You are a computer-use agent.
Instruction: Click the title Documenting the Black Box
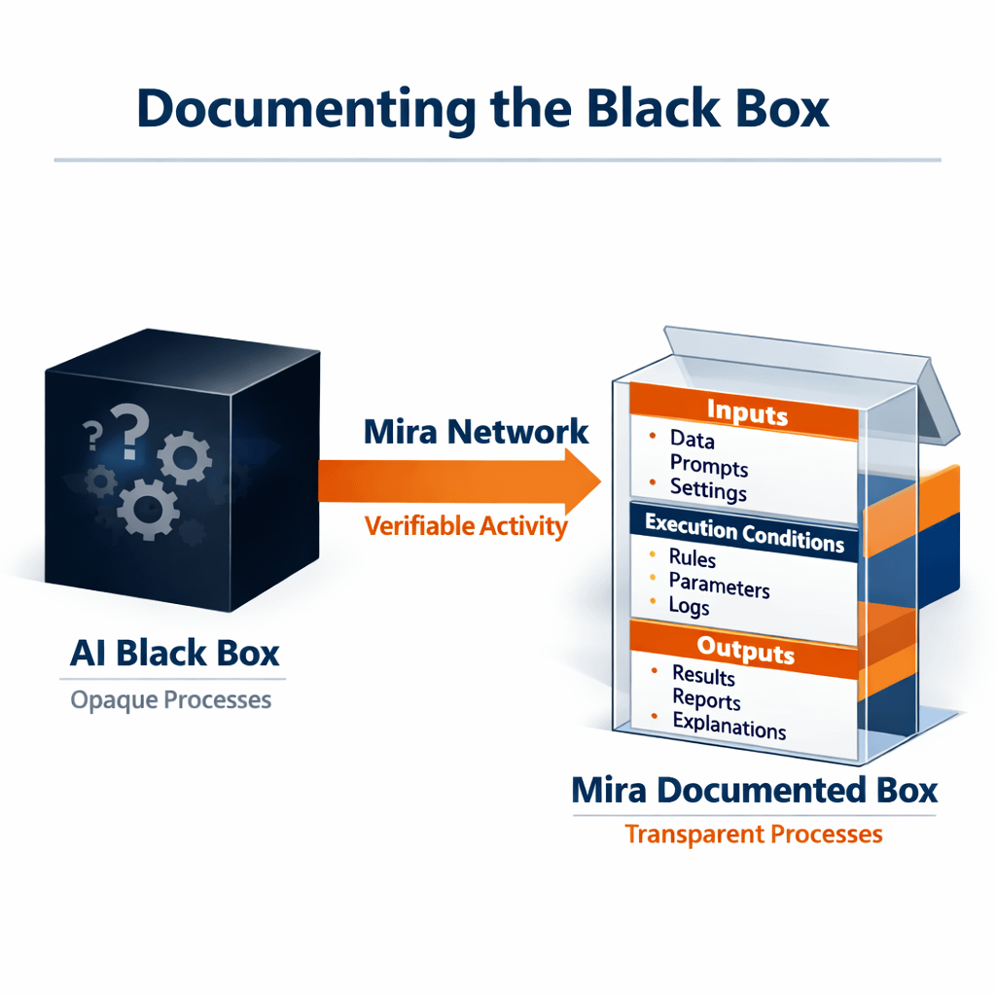click(x=483, y=108)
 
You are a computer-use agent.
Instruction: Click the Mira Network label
click(x=476, y=432)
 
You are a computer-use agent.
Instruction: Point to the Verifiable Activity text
click(x=465, y=526)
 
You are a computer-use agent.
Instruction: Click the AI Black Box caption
click(x=175, y=653)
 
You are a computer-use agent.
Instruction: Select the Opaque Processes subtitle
click(x=171, y=699)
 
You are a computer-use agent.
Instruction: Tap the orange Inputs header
click(x=746, y=412)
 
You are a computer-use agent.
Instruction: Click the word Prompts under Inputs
click(x=709, y=466)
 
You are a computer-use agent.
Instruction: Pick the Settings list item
click(x=708, y=489)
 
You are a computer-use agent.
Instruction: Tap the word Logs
click(x=690, y=606)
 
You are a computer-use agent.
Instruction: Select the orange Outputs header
click(x=745, y=649)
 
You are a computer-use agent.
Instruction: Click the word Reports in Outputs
click(x=706, y=700)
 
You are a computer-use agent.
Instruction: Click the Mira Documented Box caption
click(x=754, y=789)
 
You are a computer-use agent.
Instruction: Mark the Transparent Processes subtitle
click(x=754, y=835)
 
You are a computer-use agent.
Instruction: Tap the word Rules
click(x=693, y=559)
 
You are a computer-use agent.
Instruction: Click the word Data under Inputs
click(x=693, y=440)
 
